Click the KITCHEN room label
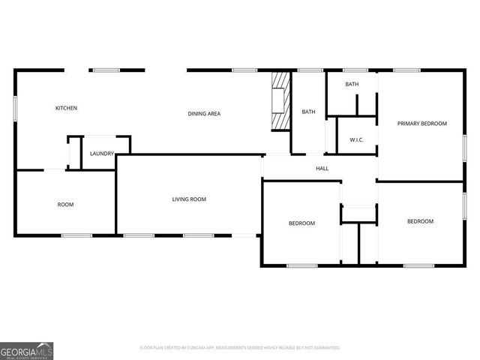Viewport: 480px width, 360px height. pyautogui.click(x=66, y=108)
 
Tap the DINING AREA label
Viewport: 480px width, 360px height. pyautogui.click(x=204, y=113)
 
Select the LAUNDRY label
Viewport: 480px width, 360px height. pyautogui.click(x=102, y=154)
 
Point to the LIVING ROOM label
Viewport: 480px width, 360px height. pyautogui.click(x=189, y=199)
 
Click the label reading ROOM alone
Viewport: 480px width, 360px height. pyautogui.click(x=66, y=205)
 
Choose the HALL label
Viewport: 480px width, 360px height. pyautogui.click(x=322, y=168)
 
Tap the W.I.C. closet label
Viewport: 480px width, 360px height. pyautogui.click(x=357, y=140)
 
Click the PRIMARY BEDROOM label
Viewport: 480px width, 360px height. pyautogui.click(x=422, y=124)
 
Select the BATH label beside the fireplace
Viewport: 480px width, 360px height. pyautogui.click(x=308, y=112)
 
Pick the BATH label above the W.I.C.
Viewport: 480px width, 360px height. pyautogui.click(x=352, y=84)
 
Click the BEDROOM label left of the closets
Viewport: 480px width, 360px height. pyautogui.click(x=302, y=223)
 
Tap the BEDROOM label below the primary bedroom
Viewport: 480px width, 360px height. pyautogui.click(x=420, y=221)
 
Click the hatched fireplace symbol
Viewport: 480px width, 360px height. pyautogui.click(x=280, y=100)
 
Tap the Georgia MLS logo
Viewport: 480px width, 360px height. pyautogui.click(x=27, y=350)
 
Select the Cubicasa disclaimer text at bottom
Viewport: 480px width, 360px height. pyautogui.click(x=240, y=347)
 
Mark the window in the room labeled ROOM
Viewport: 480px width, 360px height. pyautogui.click(x=76, y=235)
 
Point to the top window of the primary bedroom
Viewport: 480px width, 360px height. pyautogui.click(x=406, y=70)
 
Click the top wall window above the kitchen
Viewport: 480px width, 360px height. pyautogui.click(x=105, y=70)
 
